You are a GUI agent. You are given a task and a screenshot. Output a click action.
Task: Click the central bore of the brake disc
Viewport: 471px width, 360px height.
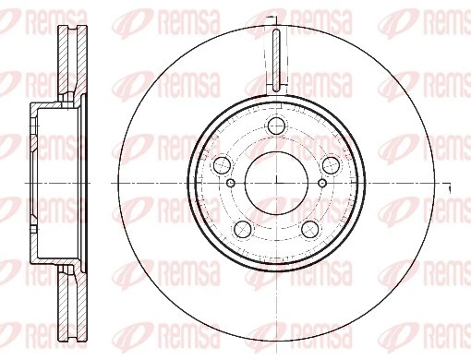point(275,182)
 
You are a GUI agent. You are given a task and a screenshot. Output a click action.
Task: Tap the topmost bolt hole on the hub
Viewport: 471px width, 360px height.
point(275,128)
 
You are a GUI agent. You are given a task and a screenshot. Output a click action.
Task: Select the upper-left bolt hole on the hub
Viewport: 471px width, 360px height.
point(222,165)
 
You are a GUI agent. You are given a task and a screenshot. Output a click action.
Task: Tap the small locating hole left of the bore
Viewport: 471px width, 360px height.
point(230,183)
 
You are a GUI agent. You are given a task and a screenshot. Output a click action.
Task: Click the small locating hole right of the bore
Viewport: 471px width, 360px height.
point(320,183)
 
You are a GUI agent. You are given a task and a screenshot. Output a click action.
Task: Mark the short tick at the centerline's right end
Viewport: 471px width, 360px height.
point(448,188)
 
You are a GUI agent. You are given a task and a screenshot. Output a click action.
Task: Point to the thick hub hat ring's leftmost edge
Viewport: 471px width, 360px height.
point(188,182)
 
